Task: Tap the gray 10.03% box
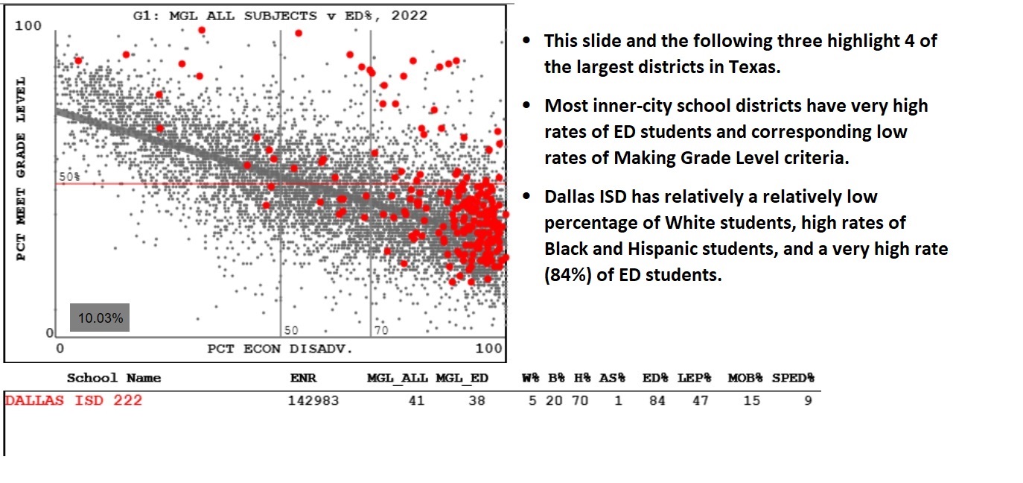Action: tap(100, 318)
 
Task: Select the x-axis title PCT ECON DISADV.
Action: tap(279, 349)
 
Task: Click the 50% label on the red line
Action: tap(69, 177)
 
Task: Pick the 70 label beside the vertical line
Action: tap(381, 330)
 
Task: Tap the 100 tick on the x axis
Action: tap(489, 349)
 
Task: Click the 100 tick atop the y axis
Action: tap(28, 27)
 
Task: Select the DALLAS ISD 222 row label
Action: tap(74, 401)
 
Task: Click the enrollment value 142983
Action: tap(313, 401)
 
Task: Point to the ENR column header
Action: tap(303, 378)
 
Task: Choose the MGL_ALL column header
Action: tap(397, 378)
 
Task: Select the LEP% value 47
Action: tap(694, 401)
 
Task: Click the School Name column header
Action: tap(113, 378)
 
